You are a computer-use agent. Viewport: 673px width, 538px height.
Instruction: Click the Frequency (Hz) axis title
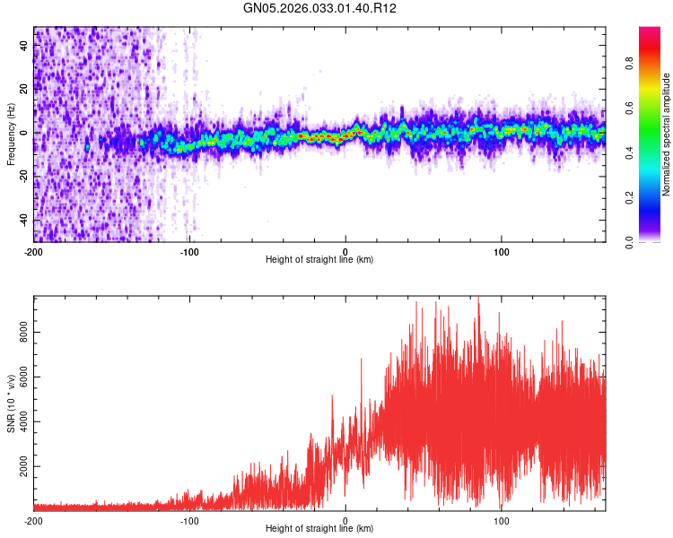coord(11,134)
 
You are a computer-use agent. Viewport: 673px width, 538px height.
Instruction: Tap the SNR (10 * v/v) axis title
coord(11,403)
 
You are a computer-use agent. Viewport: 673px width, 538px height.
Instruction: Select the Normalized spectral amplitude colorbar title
coord(667,134)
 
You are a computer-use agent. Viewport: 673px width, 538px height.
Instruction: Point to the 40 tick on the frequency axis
coord(24,46)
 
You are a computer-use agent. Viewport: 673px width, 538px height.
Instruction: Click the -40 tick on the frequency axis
coord(24,220)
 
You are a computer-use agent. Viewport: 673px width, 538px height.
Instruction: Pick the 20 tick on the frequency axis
coord(24,90)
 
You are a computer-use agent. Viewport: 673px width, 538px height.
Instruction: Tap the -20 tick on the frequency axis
coord(24,177)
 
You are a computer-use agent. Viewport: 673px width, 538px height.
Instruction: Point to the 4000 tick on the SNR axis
coord(24,422)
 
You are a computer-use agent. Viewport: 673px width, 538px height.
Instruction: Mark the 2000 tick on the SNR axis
coord(24,467)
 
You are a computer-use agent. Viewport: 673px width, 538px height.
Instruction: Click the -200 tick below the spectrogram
coord(34,252)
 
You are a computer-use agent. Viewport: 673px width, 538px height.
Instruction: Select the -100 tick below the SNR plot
coord(189,521)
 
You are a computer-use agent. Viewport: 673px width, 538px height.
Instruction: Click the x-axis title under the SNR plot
coord(319,529)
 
